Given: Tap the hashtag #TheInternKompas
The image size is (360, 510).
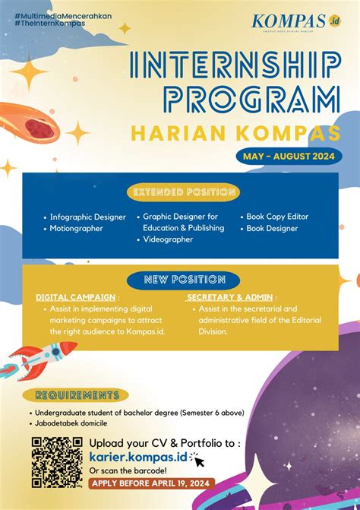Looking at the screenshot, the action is click(49, 23).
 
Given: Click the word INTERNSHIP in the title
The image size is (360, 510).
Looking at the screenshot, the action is click(235, 69).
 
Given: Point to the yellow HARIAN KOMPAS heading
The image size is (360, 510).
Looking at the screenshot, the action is click(236, 133).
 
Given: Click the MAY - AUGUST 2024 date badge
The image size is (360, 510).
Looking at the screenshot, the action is click(288, 157).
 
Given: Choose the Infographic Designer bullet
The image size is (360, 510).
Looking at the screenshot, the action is click(88, 217).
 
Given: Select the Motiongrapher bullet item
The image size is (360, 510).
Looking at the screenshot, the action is click(76, 228).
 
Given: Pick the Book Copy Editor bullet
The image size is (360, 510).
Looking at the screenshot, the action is click(276, 217).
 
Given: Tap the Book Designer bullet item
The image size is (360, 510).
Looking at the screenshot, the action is click(271, 228).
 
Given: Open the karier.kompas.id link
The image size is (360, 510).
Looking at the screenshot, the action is click(137, 457).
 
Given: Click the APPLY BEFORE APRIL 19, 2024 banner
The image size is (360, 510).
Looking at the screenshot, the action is click(151, 483).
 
